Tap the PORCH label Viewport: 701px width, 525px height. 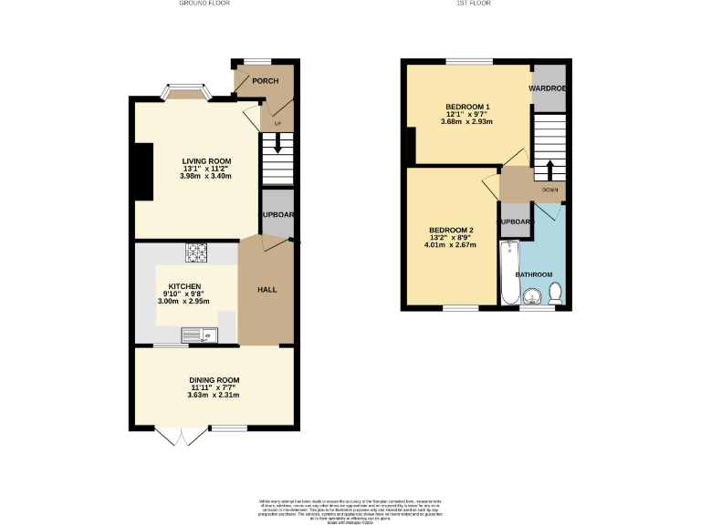(266, 81)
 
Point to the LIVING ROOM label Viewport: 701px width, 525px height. (206, 161)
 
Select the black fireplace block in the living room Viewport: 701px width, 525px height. (143, 170)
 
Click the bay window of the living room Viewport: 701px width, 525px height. (186, 90)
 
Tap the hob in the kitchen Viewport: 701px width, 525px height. (197, 252)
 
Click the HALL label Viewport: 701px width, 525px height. (267, 290)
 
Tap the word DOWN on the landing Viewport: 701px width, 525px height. (549, 190)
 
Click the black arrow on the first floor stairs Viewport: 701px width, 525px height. (550, 170)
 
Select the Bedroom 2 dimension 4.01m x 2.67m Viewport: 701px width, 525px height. (451, 244)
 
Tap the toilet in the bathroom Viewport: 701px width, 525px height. (555, 293)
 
